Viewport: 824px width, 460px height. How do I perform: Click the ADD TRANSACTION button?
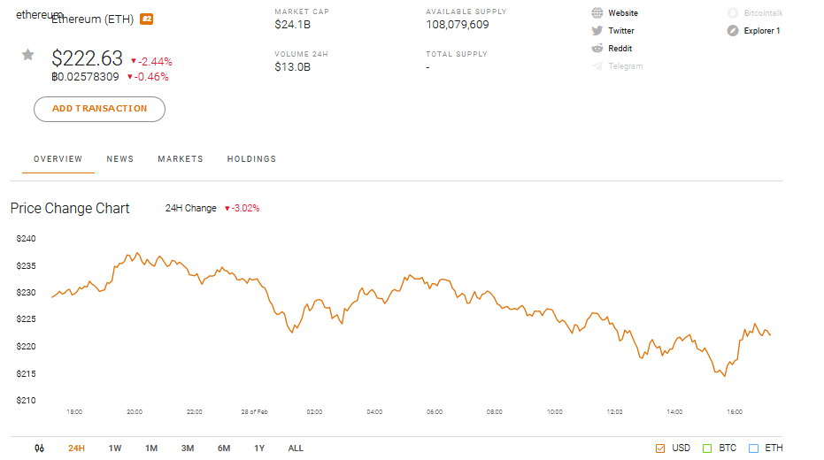click(99, 109)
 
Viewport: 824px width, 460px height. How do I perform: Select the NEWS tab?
click(120, 159)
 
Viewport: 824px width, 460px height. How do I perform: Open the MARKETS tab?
click(181, 159)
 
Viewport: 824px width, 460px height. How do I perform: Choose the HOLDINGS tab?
click(251, 159)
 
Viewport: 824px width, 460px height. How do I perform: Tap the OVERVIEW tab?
click(58, 159)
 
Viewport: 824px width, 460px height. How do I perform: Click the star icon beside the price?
click(28, 55)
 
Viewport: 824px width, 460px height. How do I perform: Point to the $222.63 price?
click(87, 58)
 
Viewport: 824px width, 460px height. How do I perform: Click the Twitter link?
click(620, 31)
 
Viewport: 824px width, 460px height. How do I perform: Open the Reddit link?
click(620, 49)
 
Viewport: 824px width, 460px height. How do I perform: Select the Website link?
click(622, 13)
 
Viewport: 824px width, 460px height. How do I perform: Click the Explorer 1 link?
click(761, 31)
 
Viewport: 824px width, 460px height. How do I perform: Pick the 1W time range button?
click(115, 448)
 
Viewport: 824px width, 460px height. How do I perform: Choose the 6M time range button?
click(224, 448)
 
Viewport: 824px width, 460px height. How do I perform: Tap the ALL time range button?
click(296, 448)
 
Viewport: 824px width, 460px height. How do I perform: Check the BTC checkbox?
click(707, 448)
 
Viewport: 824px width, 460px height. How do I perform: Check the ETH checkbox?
click(754, 448)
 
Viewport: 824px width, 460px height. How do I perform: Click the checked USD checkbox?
click(660, 448)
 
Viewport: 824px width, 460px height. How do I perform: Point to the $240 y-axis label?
click(26, 239)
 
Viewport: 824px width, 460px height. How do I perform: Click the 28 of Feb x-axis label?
click(254, 412)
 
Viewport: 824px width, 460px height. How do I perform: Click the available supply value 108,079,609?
click(457, 25)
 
